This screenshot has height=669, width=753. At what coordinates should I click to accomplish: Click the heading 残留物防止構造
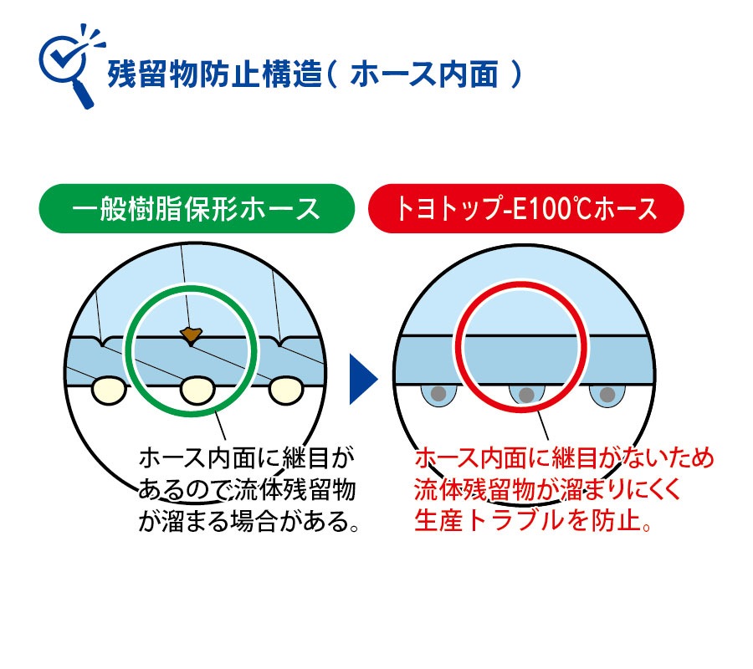pos(214,75)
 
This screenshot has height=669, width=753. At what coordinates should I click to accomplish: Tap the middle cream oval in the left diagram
pos(197,389)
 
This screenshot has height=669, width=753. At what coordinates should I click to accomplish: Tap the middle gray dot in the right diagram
pos(526,393)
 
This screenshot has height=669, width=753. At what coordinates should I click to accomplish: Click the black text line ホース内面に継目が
pos(247,458)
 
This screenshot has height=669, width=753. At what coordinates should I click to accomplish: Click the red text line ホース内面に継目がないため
pos(564,458)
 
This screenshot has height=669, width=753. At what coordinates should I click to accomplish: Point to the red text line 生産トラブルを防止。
pos(533,521)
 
